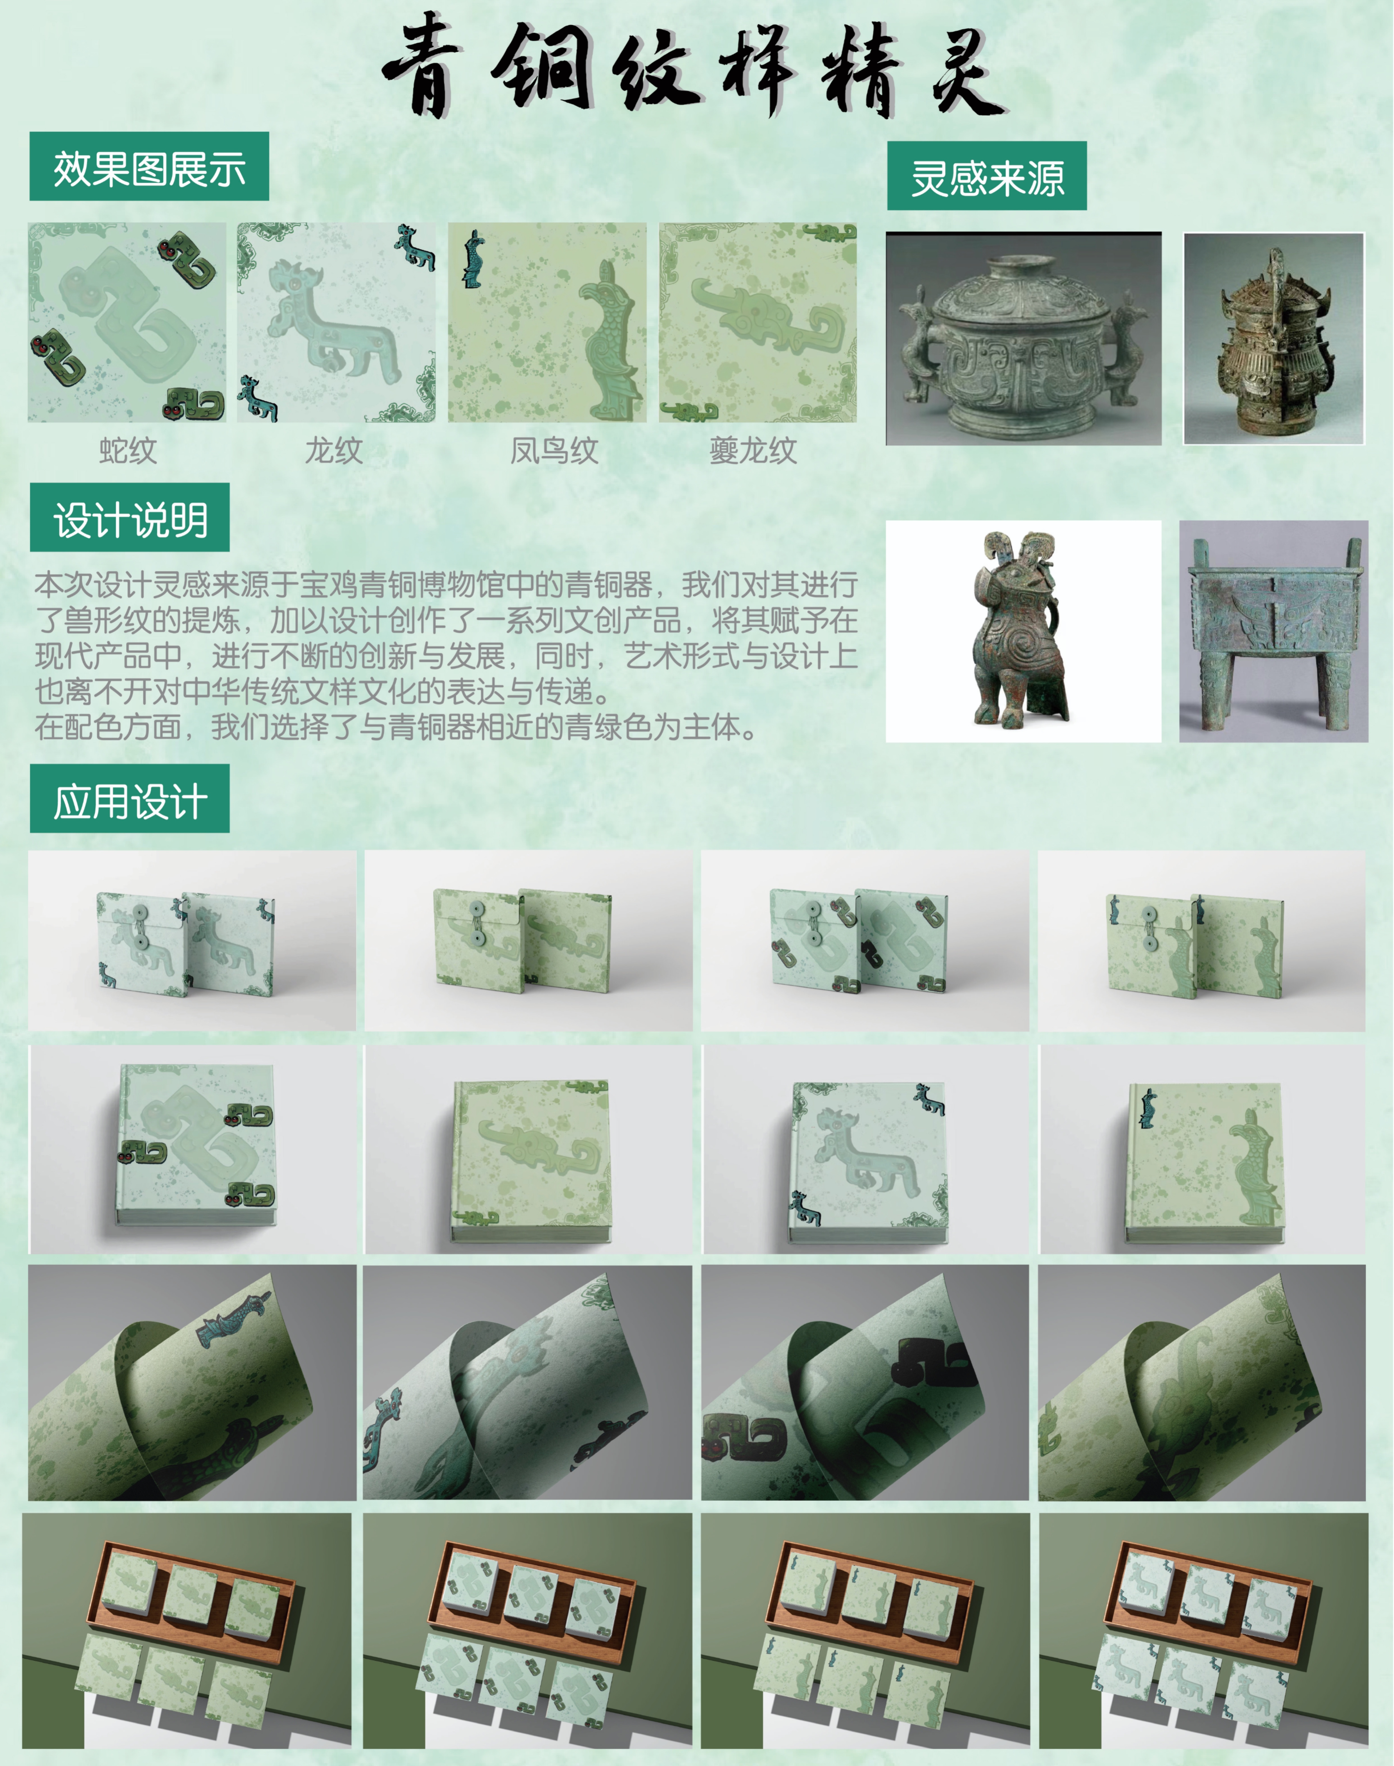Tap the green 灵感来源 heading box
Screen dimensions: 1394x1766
pos(987,176)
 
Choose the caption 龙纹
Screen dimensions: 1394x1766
pos(334,450)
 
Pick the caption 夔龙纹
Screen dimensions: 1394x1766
pos(752,450)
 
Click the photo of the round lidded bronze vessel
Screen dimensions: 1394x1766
pos(1023,339)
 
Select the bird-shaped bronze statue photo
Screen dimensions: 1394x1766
pos(1023,631)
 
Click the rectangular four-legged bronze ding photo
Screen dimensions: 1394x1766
pos(1273,631)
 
